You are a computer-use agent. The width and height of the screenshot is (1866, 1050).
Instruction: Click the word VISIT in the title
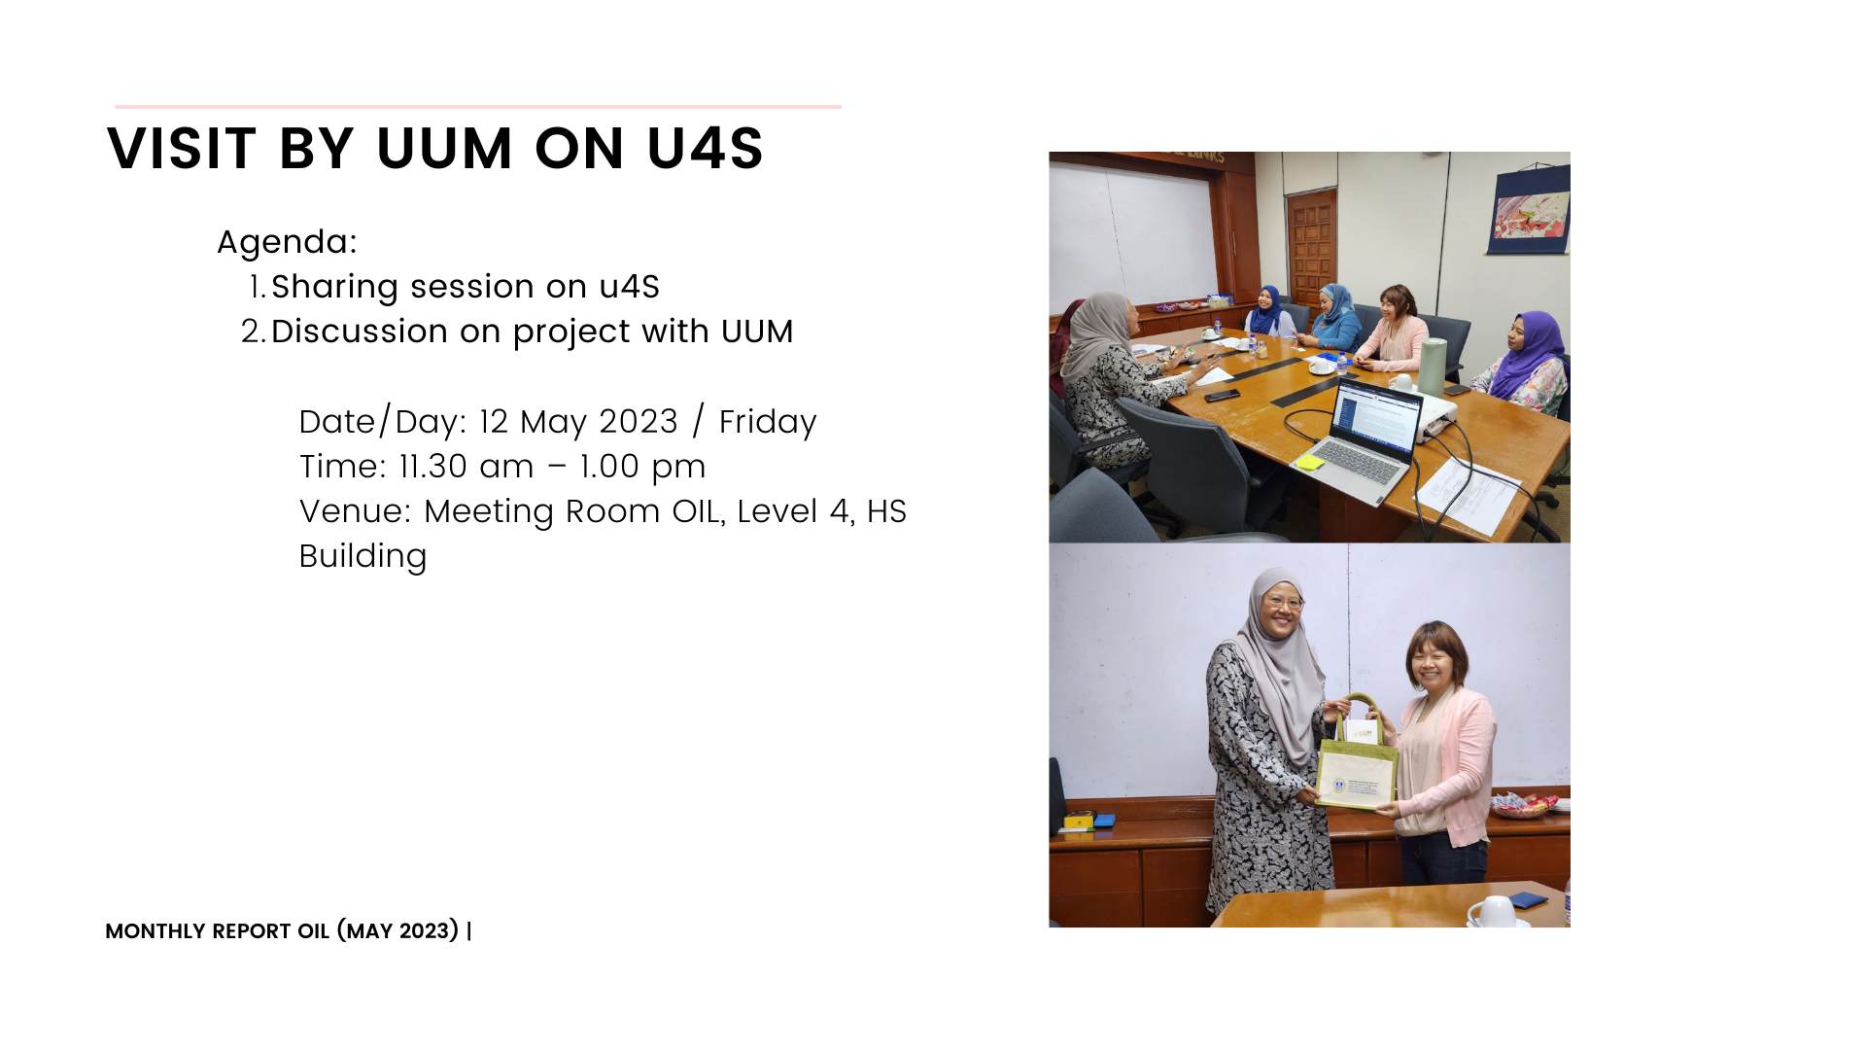[182, 149]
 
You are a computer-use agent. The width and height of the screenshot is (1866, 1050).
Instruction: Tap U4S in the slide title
[706, 149]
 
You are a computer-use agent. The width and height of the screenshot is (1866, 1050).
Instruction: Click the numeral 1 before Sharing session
[256, 287]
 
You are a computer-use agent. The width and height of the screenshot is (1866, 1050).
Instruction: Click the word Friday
[768, 422]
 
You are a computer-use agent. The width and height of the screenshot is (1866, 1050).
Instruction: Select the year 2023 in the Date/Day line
[638, 422]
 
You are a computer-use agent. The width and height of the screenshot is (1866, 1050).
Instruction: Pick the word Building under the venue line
[363, 557]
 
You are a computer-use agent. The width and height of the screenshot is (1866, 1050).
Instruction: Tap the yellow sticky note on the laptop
[1308, 462]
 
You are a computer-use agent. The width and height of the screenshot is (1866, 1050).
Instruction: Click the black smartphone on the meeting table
[1222, 396]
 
